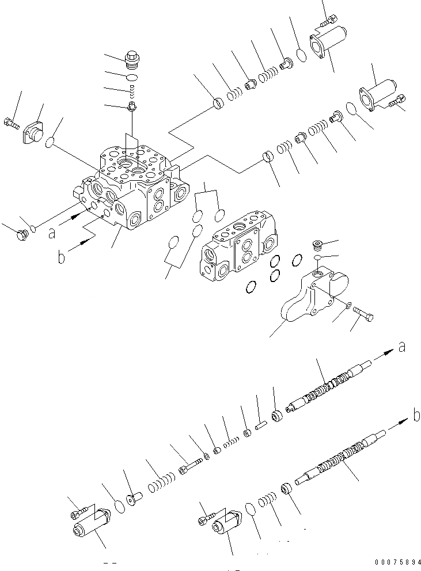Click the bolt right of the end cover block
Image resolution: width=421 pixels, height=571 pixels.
pos(363,314)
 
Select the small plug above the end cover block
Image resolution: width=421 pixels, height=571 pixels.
pos(315,245)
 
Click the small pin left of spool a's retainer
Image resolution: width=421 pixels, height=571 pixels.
pos(259,427)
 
